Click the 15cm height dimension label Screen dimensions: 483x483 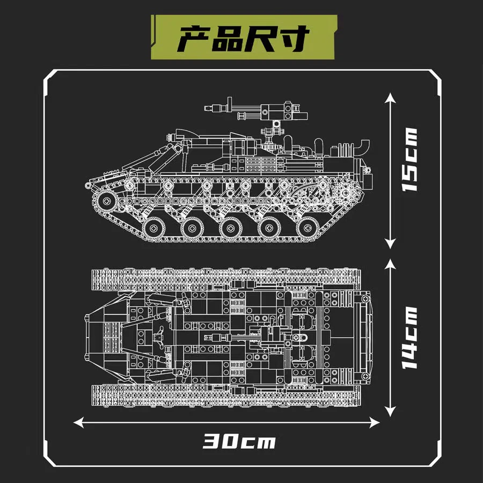tap(410, 159)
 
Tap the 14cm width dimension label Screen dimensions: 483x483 tap(410, 338)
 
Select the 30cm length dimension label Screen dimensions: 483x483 tap(239, 441)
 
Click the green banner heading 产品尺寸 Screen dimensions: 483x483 tap(243, 37)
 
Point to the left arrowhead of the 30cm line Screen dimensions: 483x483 tap(78, 423)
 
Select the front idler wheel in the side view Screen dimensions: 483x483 tap(107, 201)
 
